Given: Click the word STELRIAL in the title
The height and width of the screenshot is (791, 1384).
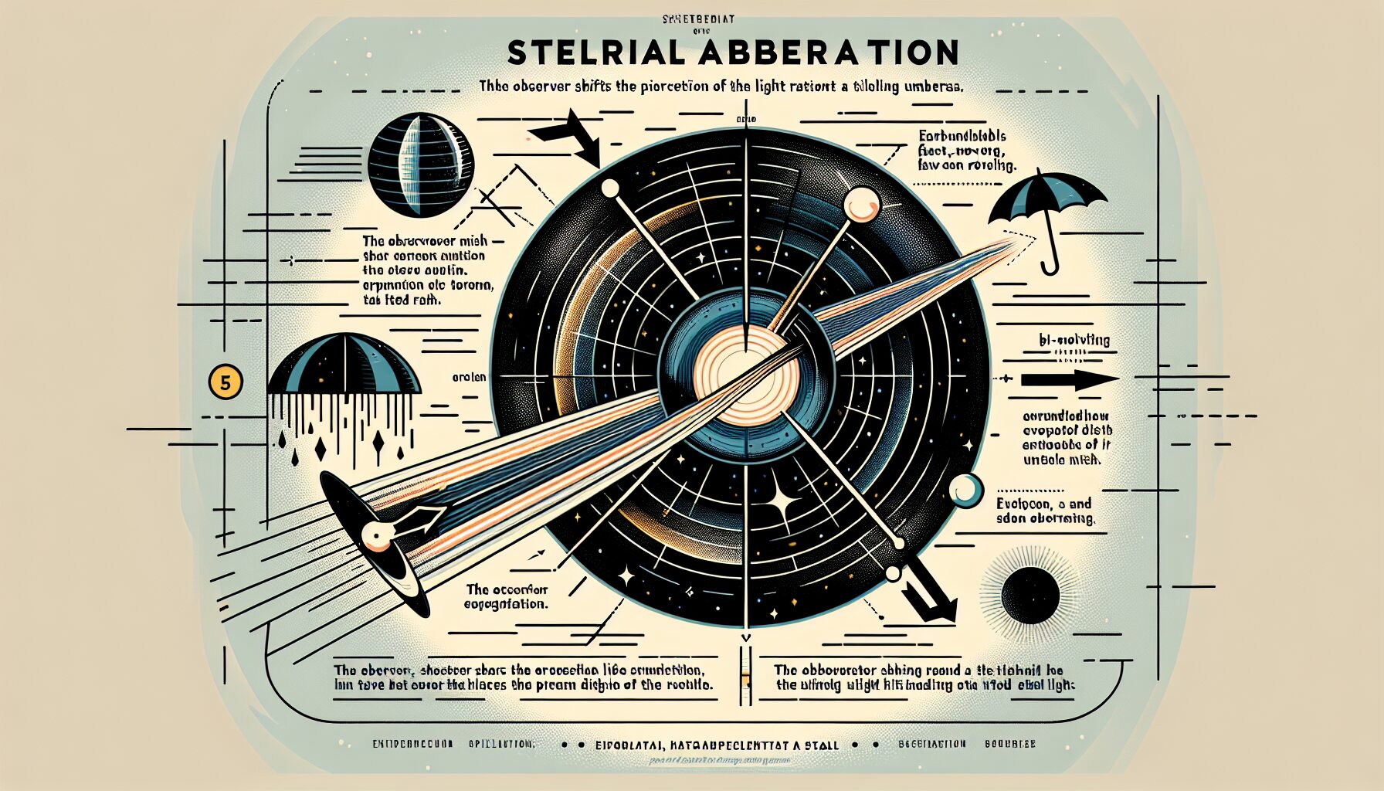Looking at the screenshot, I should [595, 53].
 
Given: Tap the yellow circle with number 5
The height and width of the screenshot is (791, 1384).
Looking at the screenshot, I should [226, 382].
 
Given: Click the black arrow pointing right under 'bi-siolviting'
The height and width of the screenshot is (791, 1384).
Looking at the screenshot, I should [1069, 380].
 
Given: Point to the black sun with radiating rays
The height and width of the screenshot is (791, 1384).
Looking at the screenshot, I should [1030, 595].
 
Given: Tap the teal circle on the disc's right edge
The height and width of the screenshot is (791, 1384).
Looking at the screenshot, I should [965, 491].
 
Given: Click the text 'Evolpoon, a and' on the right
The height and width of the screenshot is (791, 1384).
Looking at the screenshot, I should [1043, 504].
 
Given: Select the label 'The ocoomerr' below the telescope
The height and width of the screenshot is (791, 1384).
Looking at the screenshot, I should [506, 589].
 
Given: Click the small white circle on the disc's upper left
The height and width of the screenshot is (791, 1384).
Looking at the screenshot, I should [611, 188].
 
